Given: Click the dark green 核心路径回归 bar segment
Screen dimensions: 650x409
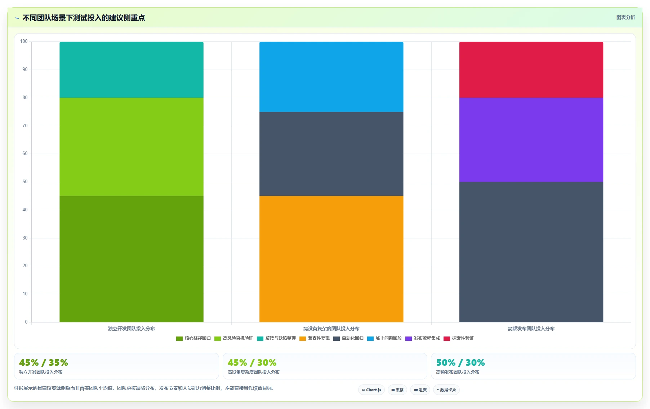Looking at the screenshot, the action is [131, 259].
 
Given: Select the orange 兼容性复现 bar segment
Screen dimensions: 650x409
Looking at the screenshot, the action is [331, 259].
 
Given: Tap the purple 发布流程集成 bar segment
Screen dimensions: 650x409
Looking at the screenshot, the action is [531, 140].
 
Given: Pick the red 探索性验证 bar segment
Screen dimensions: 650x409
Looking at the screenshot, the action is [531, 70].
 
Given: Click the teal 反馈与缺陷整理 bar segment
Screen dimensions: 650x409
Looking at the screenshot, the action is [131, 70].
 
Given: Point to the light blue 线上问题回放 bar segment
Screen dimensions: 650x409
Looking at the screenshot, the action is [331, 77].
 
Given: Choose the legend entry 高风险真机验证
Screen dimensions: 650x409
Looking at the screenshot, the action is [234, 338].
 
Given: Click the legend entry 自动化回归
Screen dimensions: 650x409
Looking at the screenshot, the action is [348, 338].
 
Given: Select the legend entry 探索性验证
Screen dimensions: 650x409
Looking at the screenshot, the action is [459, 338].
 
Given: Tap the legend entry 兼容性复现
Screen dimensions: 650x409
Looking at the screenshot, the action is [315, 338].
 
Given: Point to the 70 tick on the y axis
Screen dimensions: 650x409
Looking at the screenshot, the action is [25, 126].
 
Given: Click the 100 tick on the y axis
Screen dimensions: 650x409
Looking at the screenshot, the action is [24, 41].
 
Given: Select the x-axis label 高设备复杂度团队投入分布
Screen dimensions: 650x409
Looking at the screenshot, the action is [331, 329].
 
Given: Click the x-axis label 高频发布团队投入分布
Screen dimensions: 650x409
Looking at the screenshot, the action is [531, 329].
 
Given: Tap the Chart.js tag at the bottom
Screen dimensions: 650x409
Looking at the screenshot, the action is [371, 390].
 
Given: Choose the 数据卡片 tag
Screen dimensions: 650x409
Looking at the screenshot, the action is [446, 390].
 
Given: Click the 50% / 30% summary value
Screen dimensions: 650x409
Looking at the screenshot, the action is [460, 362].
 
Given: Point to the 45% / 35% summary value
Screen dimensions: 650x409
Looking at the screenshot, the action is [44, 362].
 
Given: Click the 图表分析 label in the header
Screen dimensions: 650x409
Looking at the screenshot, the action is [625, 17].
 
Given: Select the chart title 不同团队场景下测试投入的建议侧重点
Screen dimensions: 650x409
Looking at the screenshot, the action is [84, 18].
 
